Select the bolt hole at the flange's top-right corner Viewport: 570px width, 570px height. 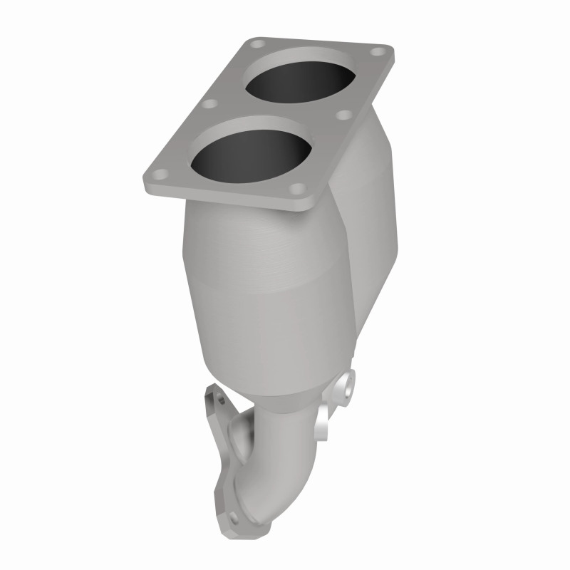point(378,52)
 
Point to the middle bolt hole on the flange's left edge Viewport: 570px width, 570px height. point(208,104)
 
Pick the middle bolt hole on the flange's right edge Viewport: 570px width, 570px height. point(347,114)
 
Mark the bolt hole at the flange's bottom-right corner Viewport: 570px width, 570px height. point(299,189)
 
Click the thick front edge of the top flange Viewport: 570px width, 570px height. point(228,198)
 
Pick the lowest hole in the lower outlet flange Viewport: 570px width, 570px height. point(234,510)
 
